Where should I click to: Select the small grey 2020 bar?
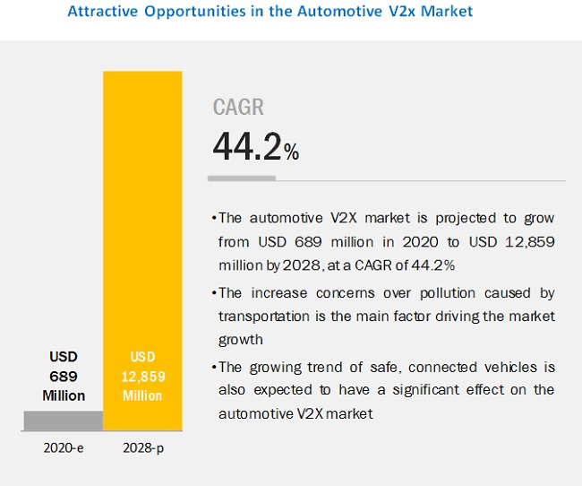click(64, 420)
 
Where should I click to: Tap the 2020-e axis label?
click(64, 448)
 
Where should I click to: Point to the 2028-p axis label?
click(143, 448)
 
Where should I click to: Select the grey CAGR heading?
click(238, 108)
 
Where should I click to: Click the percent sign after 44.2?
click(291, 153)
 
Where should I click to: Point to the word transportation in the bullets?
click(261, 317)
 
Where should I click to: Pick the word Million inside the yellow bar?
click(143, 395)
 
